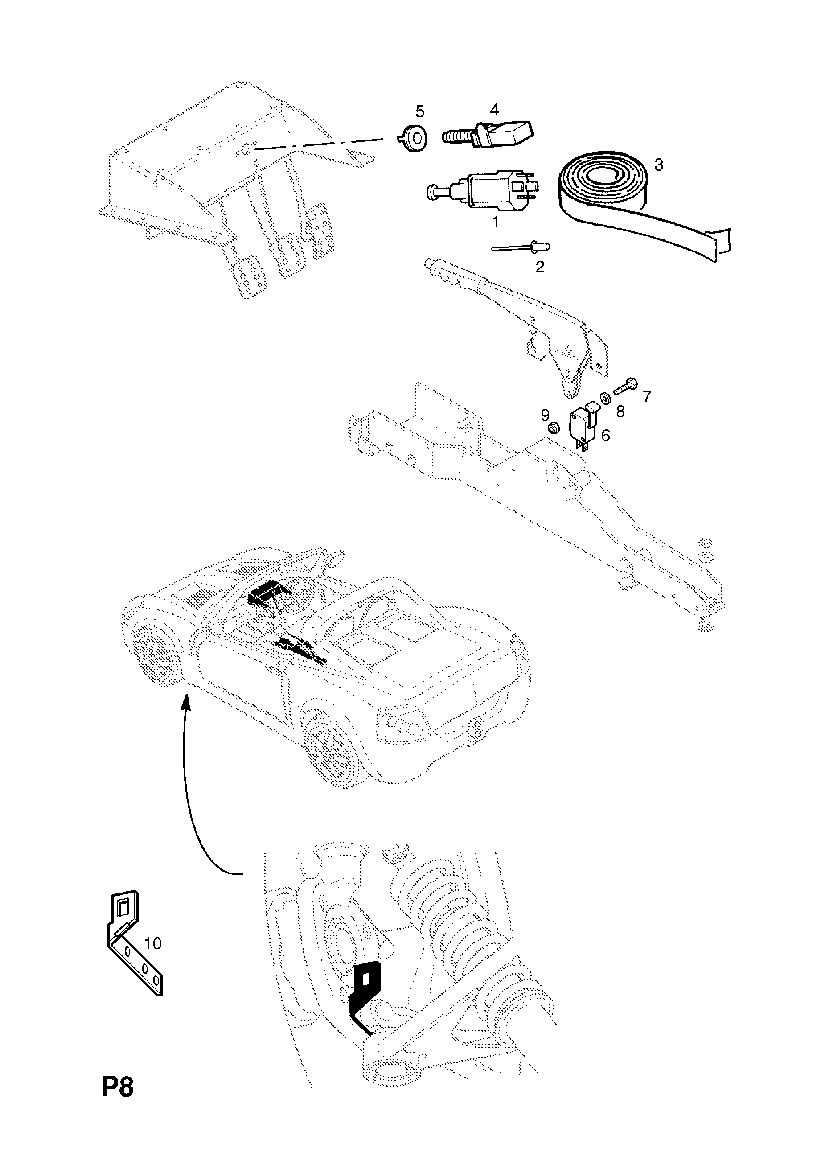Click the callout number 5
(x=420, y=111)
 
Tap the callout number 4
(x=494, y=109)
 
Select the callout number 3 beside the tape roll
(x=659, y=165)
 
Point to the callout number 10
(x=152, y=943)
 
